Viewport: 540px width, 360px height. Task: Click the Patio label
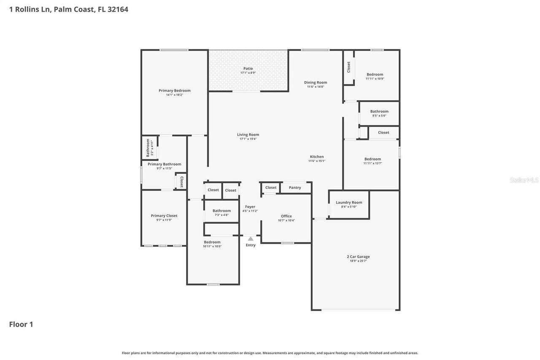248,68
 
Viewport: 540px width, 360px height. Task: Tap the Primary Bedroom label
174,90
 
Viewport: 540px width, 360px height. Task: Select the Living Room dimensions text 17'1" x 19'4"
248,139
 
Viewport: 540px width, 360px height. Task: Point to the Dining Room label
316,82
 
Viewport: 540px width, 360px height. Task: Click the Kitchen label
317,157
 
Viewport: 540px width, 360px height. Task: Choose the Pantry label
295,187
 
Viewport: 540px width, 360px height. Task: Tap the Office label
286,216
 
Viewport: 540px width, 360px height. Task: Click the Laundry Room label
349,203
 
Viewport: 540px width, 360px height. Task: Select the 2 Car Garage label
358,257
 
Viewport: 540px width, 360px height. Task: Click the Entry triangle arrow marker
251,239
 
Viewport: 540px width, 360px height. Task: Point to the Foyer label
250,207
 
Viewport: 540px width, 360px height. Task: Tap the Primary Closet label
164,216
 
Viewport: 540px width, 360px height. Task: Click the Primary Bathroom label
165,164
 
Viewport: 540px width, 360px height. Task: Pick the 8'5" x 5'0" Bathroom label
379,111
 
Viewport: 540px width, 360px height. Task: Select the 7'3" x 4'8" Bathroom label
221,211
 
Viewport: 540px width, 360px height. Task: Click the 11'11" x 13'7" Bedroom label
373,159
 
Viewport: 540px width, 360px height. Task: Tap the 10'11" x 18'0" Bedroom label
212,242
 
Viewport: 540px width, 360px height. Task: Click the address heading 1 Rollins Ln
69,9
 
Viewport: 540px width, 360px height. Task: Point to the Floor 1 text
21,324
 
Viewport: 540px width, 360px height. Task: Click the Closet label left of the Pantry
271,187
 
